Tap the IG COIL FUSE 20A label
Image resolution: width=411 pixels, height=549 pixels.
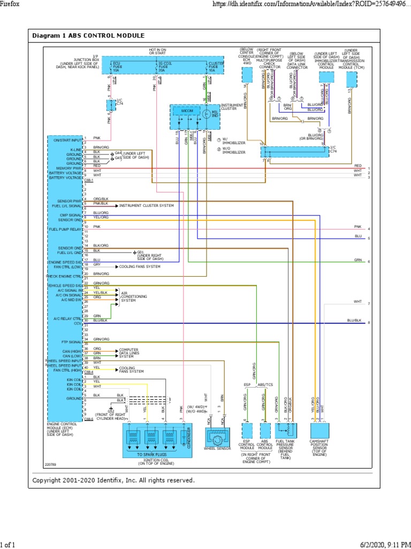click(x=165, y=67)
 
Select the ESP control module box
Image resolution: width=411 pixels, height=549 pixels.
click(x=247, y=431)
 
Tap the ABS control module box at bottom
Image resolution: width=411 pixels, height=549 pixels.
click(x=265, y=431)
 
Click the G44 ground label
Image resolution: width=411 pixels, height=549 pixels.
click(x=118, y=153)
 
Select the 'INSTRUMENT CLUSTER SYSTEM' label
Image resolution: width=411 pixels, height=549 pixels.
click(x=146, y=205)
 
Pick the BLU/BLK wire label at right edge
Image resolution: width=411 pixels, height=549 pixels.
click(x=354, y=320)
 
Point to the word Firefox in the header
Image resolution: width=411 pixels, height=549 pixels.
click(x=12, y=4)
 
